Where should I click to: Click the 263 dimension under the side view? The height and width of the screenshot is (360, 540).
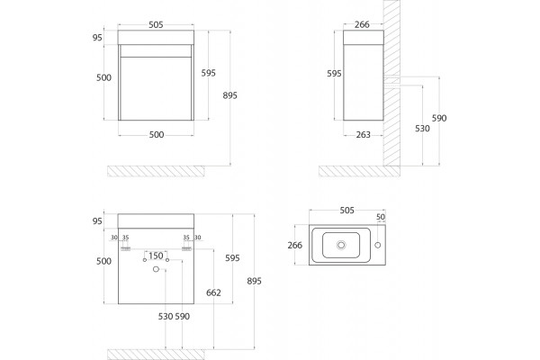click(x=363, y=135)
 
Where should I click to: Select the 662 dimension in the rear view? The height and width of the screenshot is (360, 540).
click(x=213, y=292)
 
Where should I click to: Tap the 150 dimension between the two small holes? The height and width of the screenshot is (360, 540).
click(x=156, y=256)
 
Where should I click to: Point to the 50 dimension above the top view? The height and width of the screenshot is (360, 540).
click(x=380, y=217)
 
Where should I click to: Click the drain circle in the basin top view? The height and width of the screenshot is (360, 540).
click(x=341, y=245)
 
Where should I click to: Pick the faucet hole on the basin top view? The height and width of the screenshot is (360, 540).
click(x=377, y=245)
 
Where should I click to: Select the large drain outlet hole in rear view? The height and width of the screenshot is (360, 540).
click(x=156, y=269)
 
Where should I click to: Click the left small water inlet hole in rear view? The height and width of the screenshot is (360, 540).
click(x=145, y=260)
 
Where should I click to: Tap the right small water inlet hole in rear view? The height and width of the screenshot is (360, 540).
click(x=167, y=260)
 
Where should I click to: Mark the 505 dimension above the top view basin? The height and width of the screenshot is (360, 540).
click(x=346, y=211)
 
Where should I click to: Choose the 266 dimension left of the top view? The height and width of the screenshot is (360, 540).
click(x=295, y=246)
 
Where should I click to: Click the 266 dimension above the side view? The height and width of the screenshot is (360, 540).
click(x=362, y=24)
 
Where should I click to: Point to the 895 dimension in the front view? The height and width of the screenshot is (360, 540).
click(x=229, y=95)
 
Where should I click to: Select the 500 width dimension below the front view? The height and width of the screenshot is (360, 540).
click(x=157, y=135)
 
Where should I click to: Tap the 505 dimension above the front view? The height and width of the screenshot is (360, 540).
click(x=156, y=25)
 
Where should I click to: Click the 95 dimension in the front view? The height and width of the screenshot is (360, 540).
click(x=97, y=38)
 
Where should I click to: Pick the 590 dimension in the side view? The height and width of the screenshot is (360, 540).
click(x=439, y=119)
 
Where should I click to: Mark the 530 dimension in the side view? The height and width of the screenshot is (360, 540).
click(x=422, y=129)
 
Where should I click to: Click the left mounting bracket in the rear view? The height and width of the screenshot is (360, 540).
click(x=126, y=248)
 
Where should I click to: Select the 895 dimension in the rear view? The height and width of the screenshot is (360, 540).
click(x=254, y=281)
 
